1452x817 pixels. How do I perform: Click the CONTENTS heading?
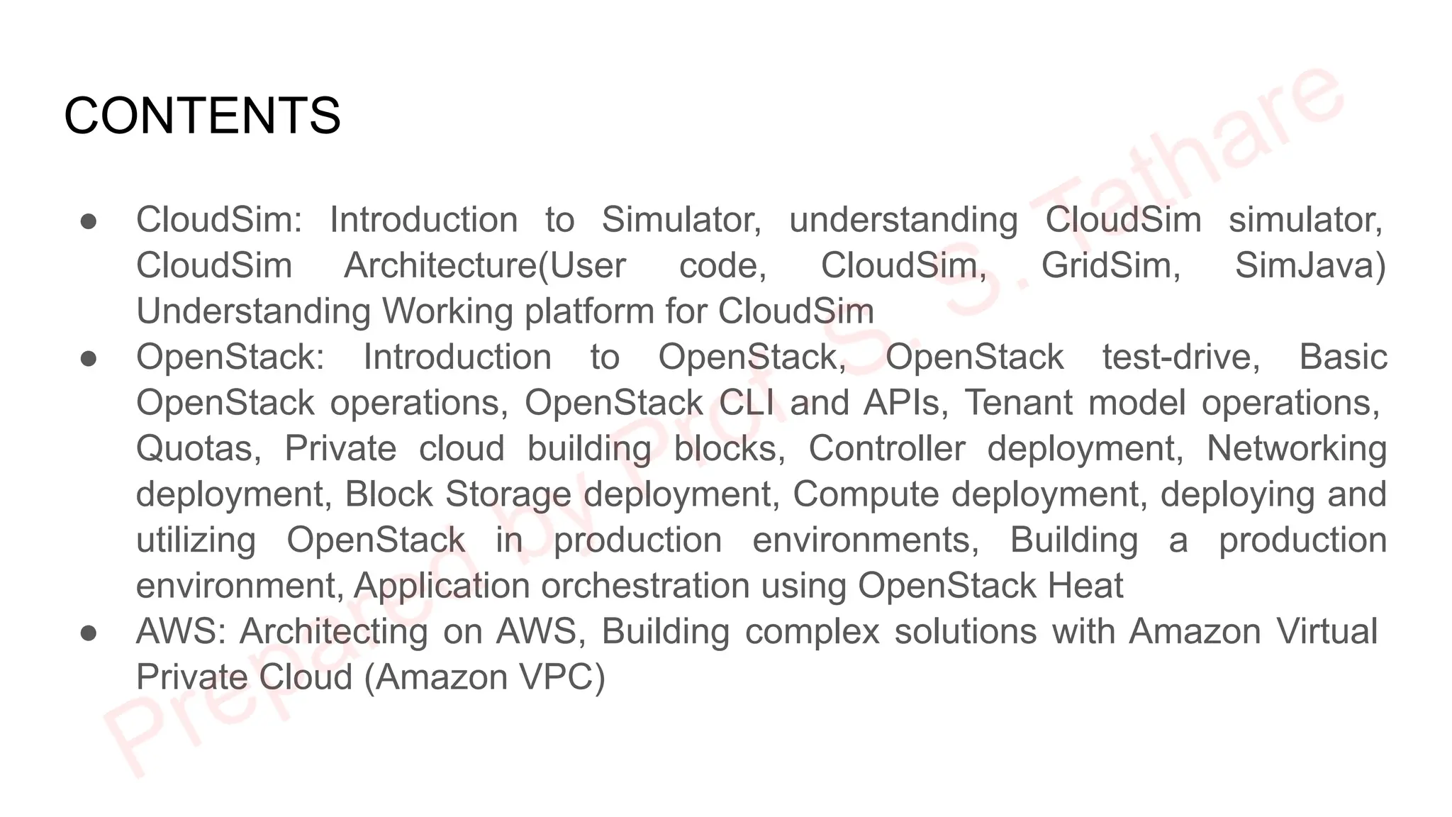202,116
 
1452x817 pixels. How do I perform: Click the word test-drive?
1181,357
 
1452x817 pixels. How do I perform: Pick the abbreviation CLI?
747,403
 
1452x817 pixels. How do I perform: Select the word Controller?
887,449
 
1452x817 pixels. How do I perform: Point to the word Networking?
1297,449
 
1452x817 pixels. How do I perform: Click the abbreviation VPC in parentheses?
557,677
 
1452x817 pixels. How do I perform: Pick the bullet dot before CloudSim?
89,221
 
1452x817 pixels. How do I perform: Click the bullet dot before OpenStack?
89,358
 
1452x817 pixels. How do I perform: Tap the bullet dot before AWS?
89,633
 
